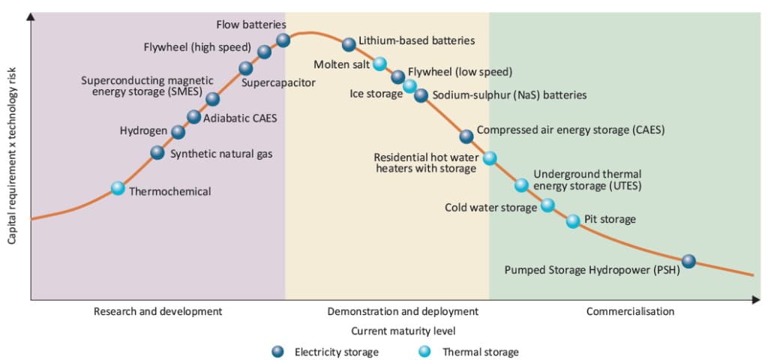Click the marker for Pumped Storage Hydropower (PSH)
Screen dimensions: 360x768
click(x=688, y=261)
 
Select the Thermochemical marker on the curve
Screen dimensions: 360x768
click(x=118, y=188)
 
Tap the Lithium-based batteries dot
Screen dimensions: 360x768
click(x=349, y=44)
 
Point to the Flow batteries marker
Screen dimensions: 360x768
click(x=283, y=40)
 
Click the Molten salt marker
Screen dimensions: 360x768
click(x=380, y=64)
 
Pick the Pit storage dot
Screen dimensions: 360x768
click(x=573, y=220)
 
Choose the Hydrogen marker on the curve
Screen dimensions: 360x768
click(x=178, y=132)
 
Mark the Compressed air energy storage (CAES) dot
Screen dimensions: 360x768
click(x=466, y=136)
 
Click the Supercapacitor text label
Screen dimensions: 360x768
click(x=278, y=82)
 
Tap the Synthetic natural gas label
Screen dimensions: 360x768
click(x=221, y=154)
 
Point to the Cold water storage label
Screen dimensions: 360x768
click(x=490, y=208)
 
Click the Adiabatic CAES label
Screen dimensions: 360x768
click(x=235, y=117)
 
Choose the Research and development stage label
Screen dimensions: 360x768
click(x=157, y=311)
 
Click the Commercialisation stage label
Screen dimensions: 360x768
click(x=630, y=311)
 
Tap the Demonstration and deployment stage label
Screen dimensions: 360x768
click(x=403, y=311)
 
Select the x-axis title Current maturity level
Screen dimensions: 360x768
click(x=403, y=330)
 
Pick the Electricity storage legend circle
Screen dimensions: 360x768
click(x=277, y=351)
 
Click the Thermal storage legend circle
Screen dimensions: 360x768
click(x=425, y=351)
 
